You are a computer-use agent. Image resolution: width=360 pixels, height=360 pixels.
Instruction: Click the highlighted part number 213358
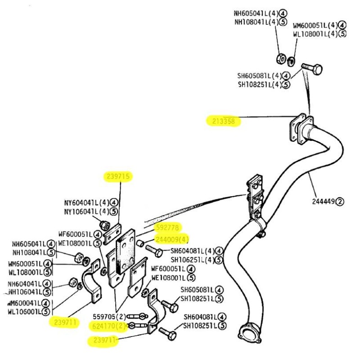(x=224, y=121)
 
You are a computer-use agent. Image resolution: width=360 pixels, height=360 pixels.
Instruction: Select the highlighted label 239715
(x=119, y=177)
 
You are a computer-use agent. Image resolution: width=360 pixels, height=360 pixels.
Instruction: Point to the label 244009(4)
(x=172, y=239)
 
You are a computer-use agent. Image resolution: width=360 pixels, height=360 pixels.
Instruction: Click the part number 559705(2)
(x=109, y=316)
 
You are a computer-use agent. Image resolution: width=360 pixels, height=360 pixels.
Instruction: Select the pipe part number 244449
(x=322, y=201)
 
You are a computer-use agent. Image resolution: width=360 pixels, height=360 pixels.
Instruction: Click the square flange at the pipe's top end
(x=299, y=128)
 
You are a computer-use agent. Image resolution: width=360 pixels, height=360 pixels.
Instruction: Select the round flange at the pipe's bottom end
(x=249, y=332)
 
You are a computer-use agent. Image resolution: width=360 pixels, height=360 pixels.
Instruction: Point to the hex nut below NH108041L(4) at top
(x=279, y=58)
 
